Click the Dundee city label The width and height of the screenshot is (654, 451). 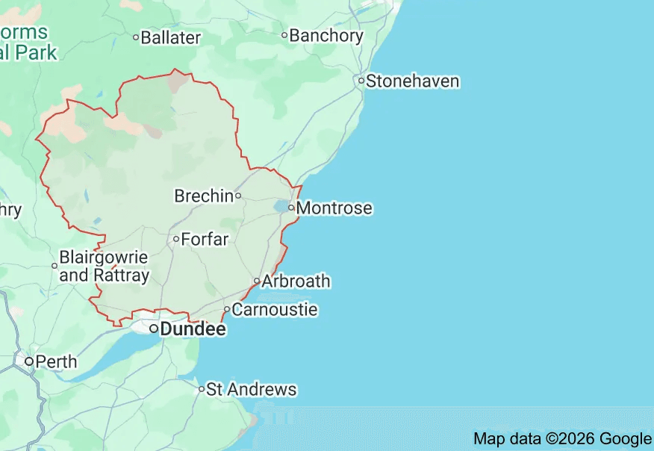tap(193, 329)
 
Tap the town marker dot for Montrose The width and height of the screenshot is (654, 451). tap(291, 208)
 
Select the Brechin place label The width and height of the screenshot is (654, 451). tap(204, 196)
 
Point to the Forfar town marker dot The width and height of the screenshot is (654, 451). tap(176, 240)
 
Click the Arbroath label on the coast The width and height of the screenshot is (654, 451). tap(296, 282)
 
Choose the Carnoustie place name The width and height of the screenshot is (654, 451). tap(275, 309)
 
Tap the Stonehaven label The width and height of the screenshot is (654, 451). tap(412, 81)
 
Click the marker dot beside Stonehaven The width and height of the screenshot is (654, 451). tap(361, 81)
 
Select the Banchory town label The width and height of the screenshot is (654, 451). tap(326, 35)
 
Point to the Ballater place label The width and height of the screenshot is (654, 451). tap(171, 37)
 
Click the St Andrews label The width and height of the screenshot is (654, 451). tap(251, 389)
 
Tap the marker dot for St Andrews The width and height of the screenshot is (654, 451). tap(201, 389)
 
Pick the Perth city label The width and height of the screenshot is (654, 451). tap(56, 362)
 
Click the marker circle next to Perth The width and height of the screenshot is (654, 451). tap(29, 362)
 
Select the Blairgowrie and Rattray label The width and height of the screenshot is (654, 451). tap(104, 266)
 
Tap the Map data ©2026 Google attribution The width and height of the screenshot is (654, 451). tap(562, 438)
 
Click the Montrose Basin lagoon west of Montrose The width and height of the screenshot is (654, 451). tap(281, 206)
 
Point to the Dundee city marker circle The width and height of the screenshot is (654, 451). tap(153, 329)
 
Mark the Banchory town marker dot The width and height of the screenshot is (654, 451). tap(284, 35)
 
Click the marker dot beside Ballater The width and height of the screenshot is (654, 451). tap(136, 37)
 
